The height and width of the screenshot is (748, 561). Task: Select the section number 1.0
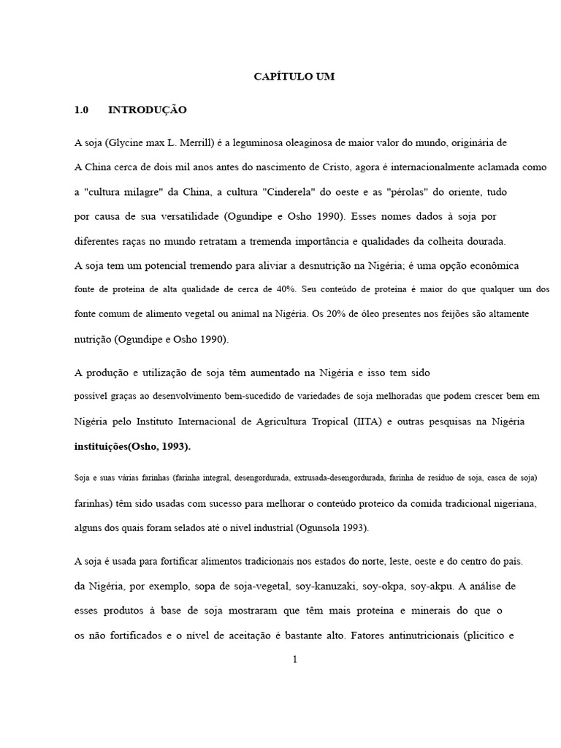click(x=81, y=110)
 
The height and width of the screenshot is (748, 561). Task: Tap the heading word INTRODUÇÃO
click(x=148, y=110)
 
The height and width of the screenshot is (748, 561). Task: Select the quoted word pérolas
click(x=401, y=192)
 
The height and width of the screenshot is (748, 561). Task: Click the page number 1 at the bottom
click(x=294, y=660)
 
